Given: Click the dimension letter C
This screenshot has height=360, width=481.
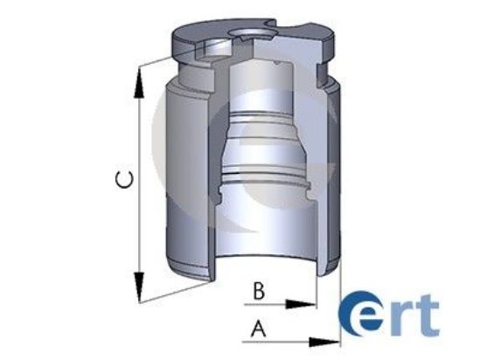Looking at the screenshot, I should point(125,181).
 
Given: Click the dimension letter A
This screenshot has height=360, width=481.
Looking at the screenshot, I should point(257,329).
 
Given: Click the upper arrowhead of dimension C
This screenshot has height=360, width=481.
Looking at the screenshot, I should point(138,80).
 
